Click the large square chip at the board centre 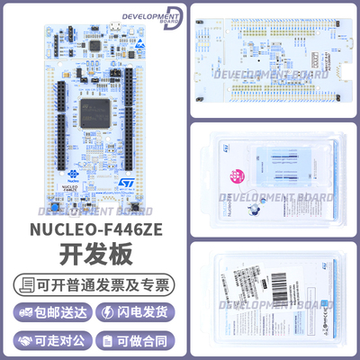(x=92, y=113)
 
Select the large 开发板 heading (x=94, y=256)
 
